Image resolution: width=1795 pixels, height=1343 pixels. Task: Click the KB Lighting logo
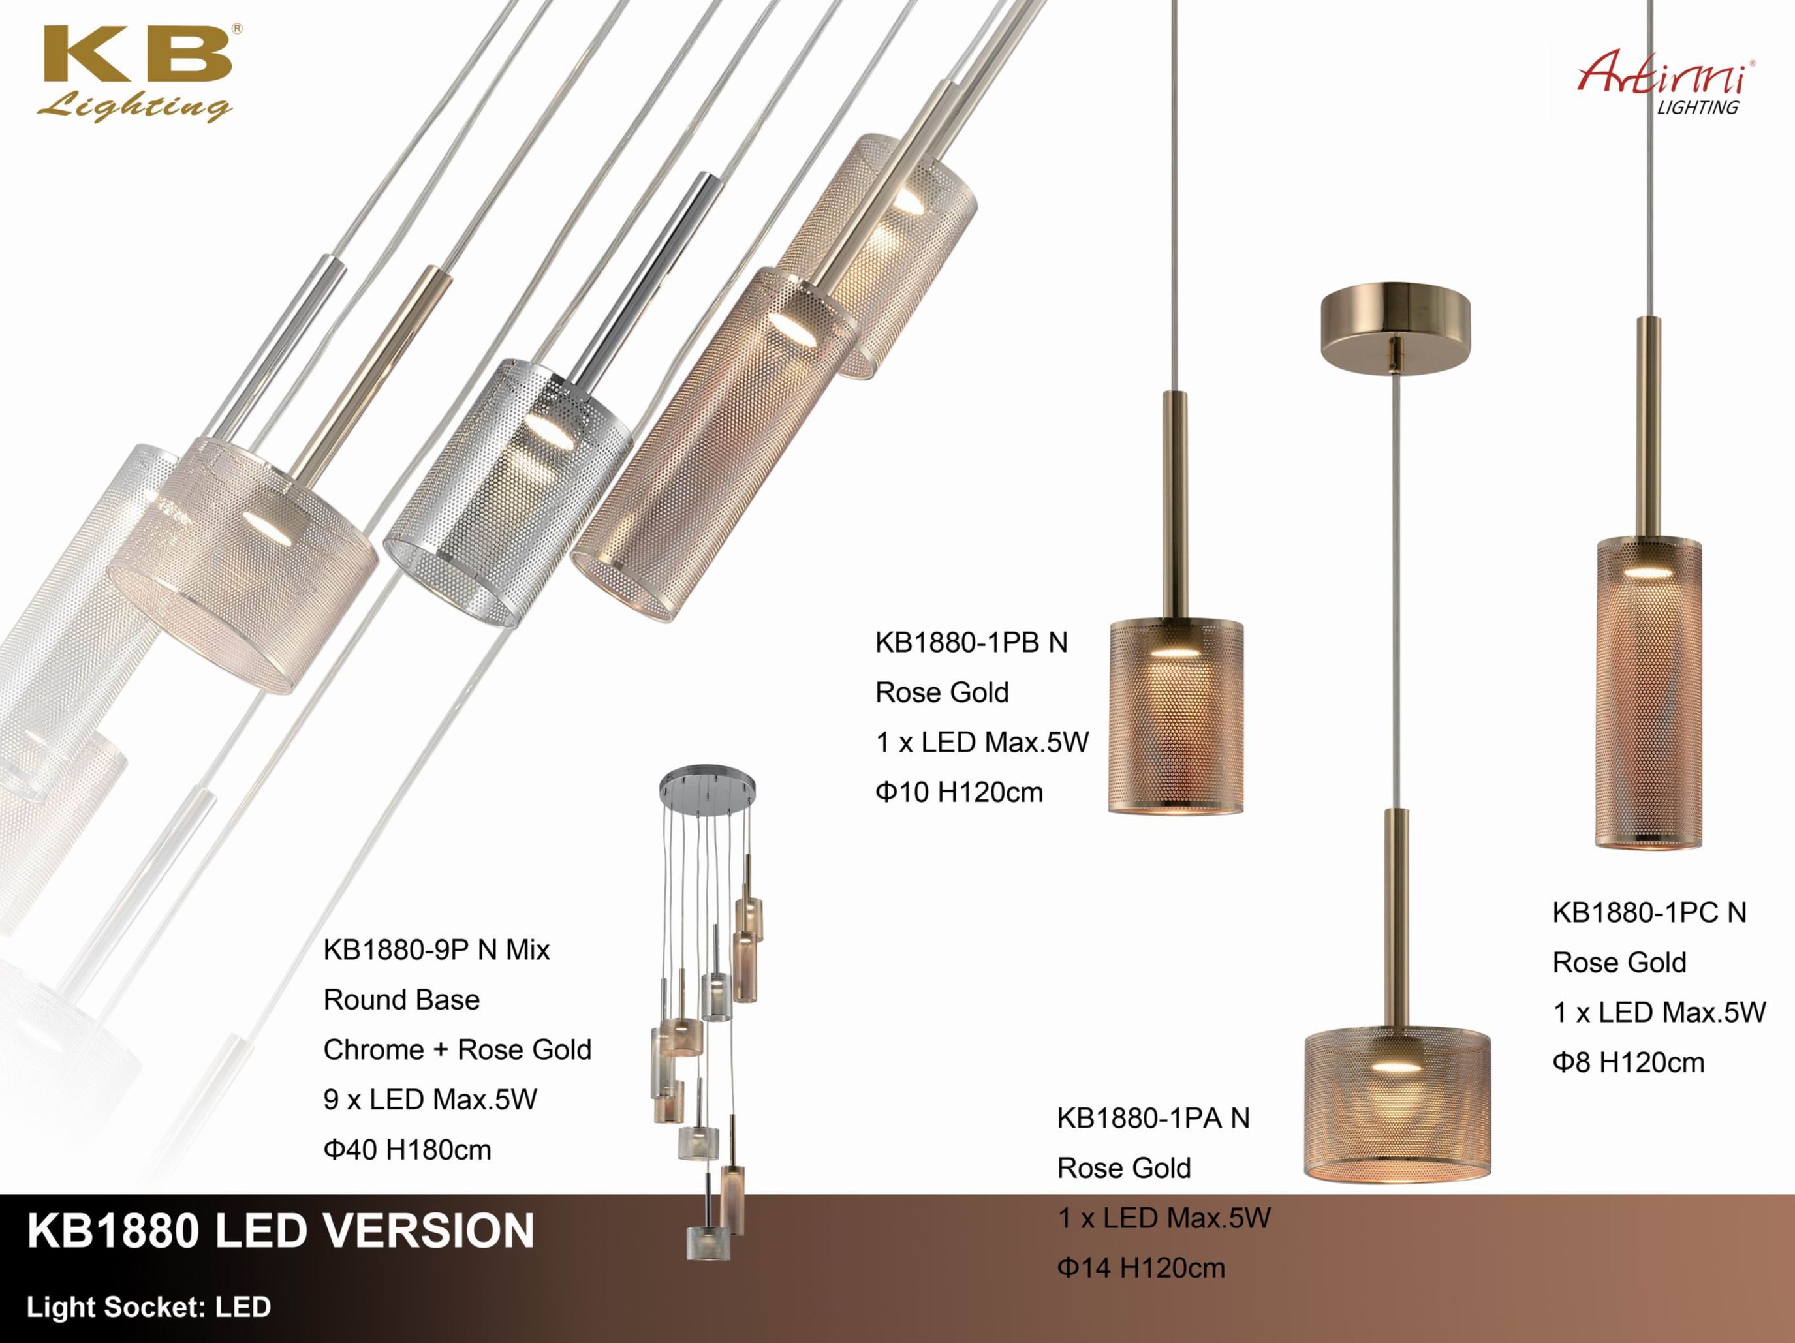[x=136, y=74]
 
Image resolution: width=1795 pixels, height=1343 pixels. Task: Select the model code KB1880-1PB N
[x=971, y=643]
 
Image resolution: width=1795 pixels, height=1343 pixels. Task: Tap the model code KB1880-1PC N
[x=1649, y=913]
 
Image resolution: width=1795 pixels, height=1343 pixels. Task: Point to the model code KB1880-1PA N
[x=1153, y=1119]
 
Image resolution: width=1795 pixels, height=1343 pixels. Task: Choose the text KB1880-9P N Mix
[x=437, y=949]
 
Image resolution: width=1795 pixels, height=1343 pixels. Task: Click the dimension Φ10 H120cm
[x=959, y=792]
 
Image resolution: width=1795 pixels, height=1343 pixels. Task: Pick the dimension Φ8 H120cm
[x=1629, y=1062]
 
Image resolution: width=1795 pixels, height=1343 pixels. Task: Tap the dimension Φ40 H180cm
[x=407, y=1150]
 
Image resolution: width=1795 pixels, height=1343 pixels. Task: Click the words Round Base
[x=401, y=1000]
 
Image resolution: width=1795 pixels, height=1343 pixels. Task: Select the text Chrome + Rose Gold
[x=458, y=1050]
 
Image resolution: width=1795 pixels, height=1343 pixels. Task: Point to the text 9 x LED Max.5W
[x=430, y=1100]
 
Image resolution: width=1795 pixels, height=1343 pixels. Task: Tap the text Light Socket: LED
[x=149, y=1307]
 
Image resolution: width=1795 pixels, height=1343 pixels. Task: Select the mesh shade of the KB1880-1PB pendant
[x=1176, y=717]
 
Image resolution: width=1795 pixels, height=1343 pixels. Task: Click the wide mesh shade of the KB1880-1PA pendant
[x=1397, y=1104]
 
